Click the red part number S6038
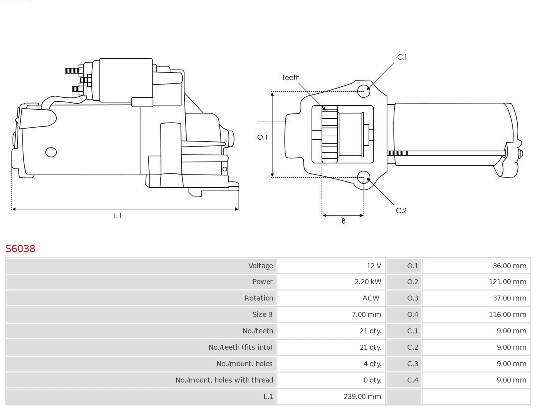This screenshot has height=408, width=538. [x=20, y=248]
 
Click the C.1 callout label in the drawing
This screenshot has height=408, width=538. [x=402, y=57]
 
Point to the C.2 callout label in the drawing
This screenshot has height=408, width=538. [x=401, y=211]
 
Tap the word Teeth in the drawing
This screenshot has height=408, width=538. [x=291, y=78]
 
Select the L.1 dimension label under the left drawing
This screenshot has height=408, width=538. [x=118, y=216]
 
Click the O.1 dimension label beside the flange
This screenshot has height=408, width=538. [x=262, y=137]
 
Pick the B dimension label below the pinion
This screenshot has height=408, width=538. [x=343, y=221]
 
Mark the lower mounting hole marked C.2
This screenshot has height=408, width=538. [x=364, y=177]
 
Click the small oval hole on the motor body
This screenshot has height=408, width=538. [x=51, y=152]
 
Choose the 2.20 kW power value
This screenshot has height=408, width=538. [x=368, y=282]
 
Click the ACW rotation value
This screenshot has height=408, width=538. [x=371, y=298]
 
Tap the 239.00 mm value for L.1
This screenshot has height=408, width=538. [x=362, y=397]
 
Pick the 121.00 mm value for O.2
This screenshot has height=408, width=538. [x=507, y=282]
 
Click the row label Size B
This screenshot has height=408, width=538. [x=263, y=315]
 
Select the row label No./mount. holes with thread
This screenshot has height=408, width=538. [x=224, y=380]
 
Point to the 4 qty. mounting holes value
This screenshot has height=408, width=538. [x=372, y=364]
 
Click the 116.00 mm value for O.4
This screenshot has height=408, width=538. [x=507, y=315]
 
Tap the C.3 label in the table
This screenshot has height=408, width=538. [x=413, y=364]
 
